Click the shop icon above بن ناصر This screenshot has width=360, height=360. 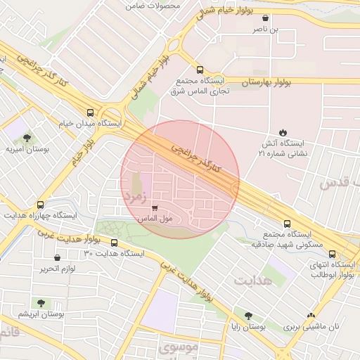[264, 18]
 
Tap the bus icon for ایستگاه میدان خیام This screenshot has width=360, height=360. [90, 112]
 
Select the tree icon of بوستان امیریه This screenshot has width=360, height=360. [27, 138]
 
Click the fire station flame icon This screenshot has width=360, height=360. [283, 132]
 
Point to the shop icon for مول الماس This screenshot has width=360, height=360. [154, 207]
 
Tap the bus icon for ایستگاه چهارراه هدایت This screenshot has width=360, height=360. [40, 205]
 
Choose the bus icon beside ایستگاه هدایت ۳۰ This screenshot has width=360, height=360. [115, 243]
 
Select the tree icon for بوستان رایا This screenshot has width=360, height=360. [247, 316]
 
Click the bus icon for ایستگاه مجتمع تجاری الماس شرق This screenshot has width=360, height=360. [200, 70]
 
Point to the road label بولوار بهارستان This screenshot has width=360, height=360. [266, 82]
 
